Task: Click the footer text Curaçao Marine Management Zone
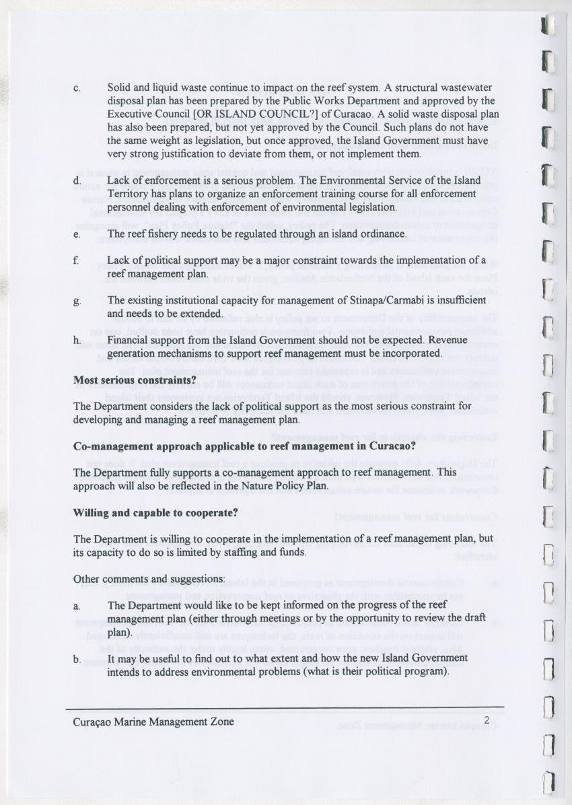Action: click(154, 722)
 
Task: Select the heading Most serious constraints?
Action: click(135, 380)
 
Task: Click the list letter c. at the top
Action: click(77, 88)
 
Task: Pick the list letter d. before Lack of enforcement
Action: click(77, 181)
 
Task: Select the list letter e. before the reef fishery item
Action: click(77, 234)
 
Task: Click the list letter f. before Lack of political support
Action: click(77, 260)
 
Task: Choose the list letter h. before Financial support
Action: click(77, 341)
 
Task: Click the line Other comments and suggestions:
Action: click(149, 579)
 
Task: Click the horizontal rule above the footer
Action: click(285, 707)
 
